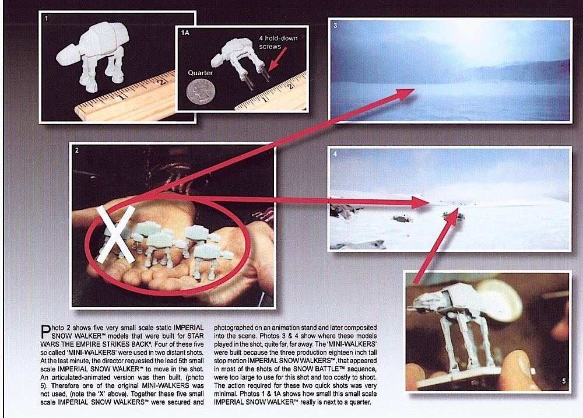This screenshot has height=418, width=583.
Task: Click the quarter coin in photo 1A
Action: click(201, 92)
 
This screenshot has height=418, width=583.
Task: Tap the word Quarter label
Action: click(200, 73)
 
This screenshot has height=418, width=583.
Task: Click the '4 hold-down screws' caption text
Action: click(278, 42)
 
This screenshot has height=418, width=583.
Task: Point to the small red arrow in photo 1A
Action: click(277, 58)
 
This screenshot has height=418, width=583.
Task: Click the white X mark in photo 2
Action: click(115, 235)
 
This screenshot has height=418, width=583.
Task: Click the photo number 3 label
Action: click(335, 26)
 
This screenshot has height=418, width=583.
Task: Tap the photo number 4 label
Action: click(335, 154)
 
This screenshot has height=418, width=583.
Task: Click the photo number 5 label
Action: click(564, 381)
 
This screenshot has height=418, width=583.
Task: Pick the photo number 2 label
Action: click(76, 150)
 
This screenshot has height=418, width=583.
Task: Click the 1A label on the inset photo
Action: click(185, 33)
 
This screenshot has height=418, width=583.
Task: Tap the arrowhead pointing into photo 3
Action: click(405, 94)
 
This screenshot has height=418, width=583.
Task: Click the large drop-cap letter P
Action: click(45, 331)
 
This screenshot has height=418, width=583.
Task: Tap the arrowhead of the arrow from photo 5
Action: click(452, 219)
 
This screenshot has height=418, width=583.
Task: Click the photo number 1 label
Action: click(46, 18)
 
